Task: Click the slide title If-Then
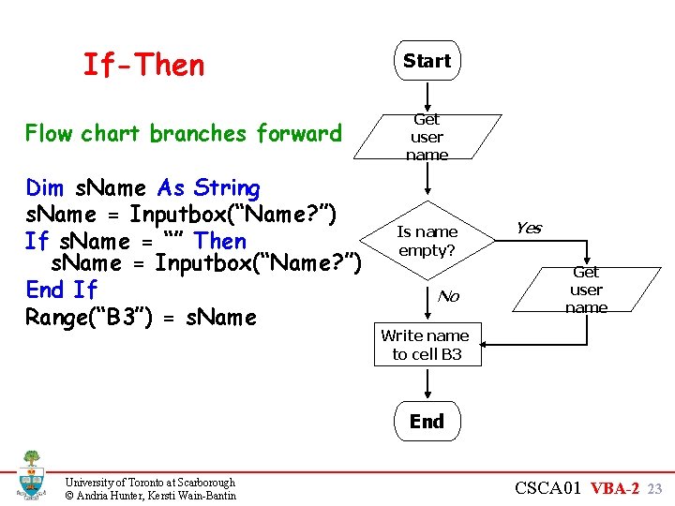pos(143,65)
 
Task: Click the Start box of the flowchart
pos(427,61)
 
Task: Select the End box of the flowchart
pos(427,422)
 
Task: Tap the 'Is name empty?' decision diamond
pos(427,241)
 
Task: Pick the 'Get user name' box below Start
pos(427,137)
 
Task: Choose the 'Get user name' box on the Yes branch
pos(586,290)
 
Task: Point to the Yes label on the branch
pos(528,229)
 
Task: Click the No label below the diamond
pos(448,296)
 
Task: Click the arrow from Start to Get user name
pos(427,97)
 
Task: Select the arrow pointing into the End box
pos(427,384)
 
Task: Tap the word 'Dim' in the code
pos(45,188)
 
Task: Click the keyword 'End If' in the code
pos(61,290)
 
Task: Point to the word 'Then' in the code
pos(219,241)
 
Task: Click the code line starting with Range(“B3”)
pos(141,317)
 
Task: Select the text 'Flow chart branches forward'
pos(183,133)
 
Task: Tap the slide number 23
pos(655,488)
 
